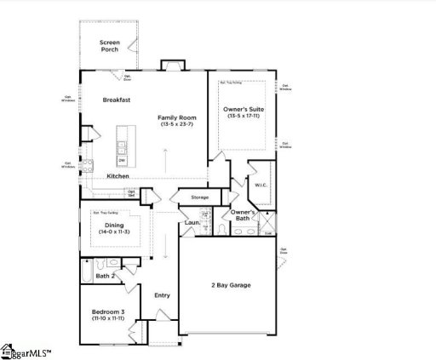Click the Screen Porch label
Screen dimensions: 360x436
[109, 46]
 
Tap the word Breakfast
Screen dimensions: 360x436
[117, 100]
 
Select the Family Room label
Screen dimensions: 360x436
[177, 117]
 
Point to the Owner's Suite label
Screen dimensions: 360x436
[242, 110]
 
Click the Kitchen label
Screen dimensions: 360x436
[118, 176]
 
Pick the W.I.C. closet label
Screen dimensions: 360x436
[261, 184]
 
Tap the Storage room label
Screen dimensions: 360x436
[187, 197]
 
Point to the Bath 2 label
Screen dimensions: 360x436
[106, 276]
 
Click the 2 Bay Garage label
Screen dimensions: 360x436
[231, 285]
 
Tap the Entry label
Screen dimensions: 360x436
[162, 295]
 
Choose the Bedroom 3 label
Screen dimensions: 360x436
[108, 312]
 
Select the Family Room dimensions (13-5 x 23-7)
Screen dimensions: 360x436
[177, 125]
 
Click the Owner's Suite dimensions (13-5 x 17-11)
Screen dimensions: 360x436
[242, 117]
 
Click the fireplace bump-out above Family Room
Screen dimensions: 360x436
[171, 66]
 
